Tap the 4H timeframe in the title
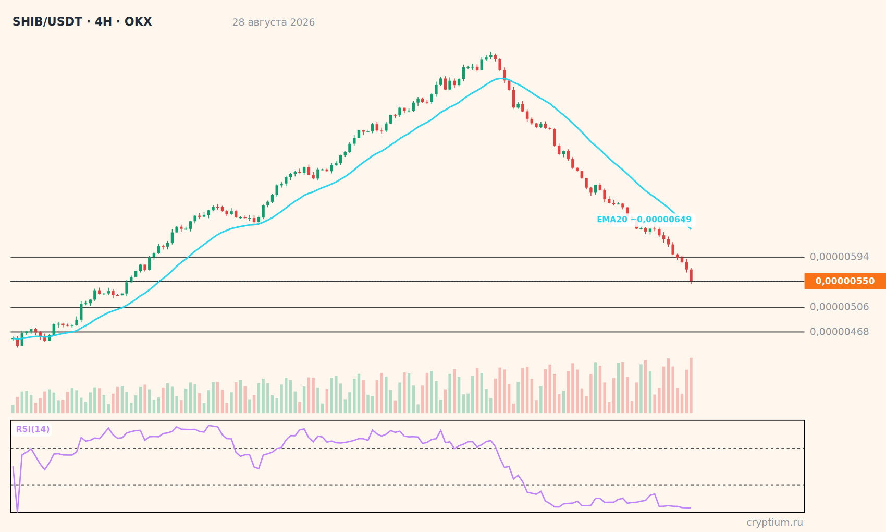coord(104,22)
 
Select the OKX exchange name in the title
coord(138,22)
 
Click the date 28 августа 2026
coord(273,22)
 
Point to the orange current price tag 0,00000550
coord(845,281)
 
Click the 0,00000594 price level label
coord(839,257)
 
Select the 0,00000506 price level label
coord(839,307)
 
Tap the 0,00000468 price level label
coord(839,332)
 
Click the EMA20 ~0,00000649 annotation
coord(644,220)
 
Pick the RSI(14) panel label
coord(33,429)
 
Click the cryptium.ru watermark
coord(774,523)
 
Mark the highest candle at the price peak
coord(491,56)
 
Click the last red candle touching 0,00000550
coord(691,275)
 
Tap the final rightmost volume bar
coord(691,385)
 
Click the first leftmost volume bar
coord(13,409)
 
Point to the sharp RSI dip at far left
coord(17,512)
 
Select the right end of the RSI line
coord(691,508)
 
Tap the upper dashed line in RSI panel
coord(408,448)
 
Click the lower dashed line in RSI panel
coord(408,485)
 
